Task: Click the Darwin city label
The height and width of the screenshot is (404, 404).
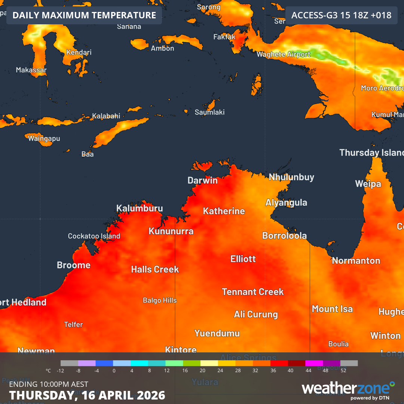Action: (x=202, y=180)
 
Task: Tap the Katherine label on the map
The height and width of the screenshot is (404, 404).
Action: (x=224, y=211)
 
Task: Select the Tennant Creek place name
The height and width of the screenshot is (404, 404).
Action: (x=252, y=292)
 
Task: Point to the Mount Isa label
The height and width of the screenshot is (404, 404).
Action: (x=332, y=309)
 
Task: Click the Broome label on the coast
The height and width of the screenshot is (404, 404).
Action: (x=74, y=265)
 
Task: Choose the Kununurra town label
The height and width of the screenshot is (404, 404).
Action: (x=171, y=231)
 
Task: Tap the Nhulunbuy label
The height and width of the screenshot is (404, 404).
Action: (x=291, y=177)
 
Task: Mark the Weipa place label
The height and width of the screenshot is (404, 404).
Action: (x=368, y=184)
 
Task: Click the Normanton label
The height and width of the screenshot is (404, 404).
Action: (x=356, y=261)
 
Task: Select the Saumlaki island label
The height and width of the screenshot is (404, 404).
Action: (x=209, y=112)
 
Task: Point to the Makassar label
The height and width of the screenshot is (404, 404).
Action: (x=31, y=70)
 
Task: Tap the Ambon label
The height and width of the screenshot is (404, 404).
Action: (x=162, y=48)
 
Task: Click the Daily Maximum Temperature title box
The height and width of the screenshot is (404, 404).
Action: (x=84, y=15)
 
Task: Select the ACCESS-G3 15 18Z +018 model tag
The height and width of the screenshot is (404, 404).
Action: (x=341, y=15)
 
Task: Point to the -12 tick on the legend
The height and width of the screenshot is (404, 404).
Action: (x=60, y=371)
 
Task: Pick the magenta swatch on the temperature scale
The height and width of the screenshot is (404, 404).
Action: (x=314, y=363)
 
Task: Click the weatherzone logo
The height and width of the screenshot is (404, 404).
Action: (x=348, y=390)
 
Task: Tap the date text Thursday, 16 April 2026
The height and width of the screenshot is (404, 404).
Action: (x=87, y=395)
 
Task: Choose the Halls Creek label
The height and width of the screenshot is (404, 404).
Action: (x=155, y=269)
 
